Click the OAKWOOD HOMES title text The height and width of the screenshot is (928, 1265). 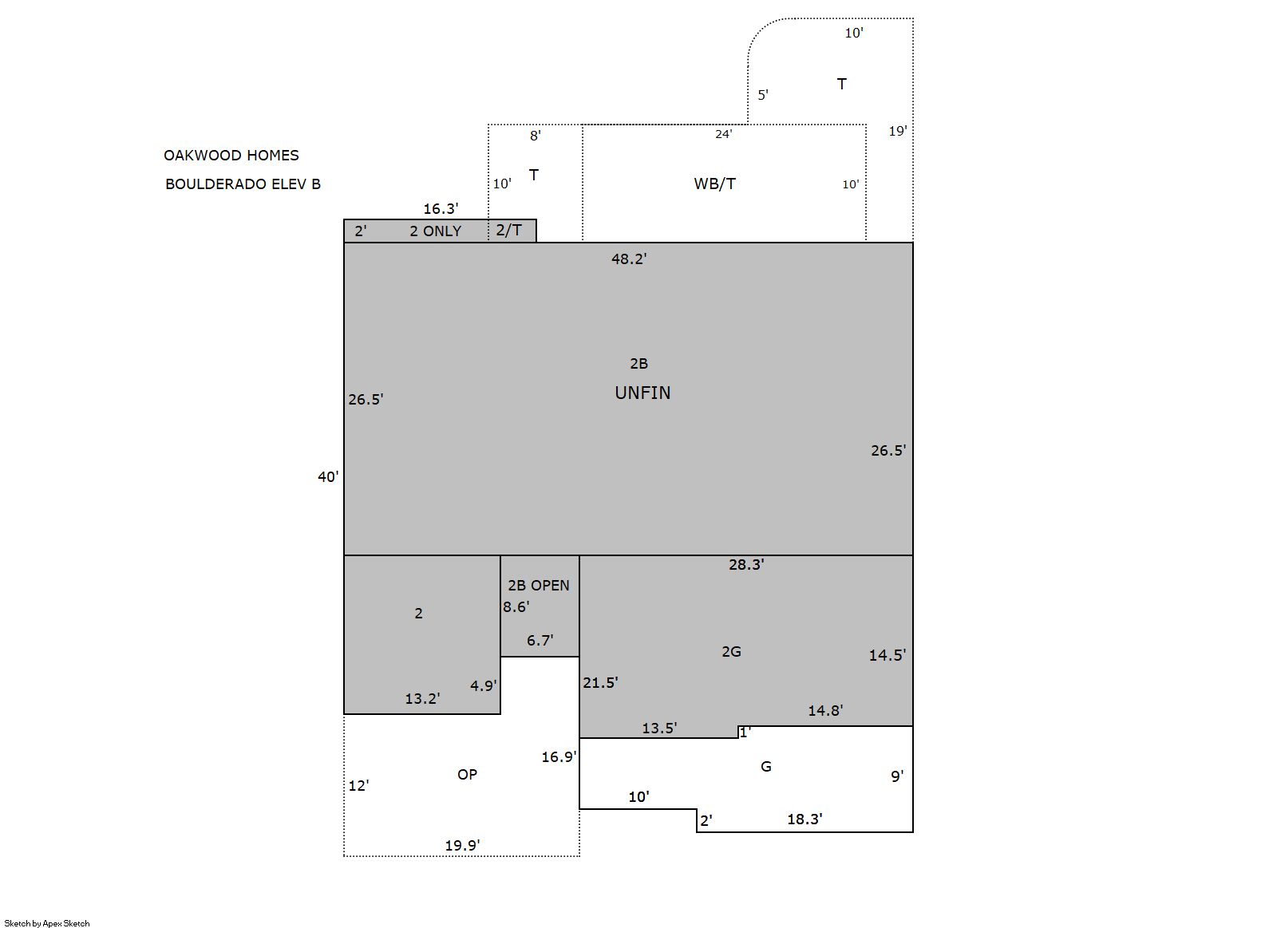(x=231, y=156)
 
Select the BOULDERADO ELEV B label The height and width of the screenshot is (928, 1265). (x=243, y=184)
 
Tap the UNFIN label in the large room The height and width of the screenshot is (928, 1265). (x=642, y=393)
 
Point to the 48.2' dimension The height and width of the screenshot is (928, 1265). (x=629, y=259)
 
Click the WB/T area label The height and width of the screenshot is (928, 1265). (x=715, y=184)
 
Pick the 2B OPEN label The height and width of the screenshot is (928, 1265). (x=538, y=586)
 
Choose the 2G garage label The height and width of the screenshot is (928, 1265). (x=731, y=652)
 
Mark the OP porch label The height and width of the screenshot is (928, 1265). (x=467, y=775)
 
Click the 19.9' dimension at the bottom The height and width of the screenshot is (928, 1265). (x=463, y=845)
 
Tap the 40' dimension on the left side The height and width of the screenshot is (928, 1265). (x=328, y=477)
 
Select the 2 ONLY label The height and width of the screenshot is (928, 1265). (x=436, y=231)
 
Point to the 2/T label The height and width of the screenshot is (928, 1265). (x=509, y=230)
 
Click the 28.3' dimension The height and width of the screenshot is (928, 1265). (x=746, y=564)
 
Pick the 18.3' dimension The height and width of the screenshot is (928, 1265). (x=804, y=819)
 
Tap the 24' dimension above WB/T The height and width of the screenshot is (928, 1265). (x=724, y=134)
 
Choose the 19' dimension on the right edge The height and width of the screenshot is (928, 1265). (x=898, y=131)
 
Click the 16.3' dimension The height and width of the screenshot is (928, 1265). (x=441, y=209)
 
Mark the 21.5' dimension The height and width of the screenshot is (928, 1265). (x=600, y=683)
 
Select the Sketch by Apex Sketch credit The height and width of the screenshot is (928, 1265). (x=47, y=923)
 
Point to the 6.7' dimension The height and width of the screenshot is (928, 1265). (x=540, y=641)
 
